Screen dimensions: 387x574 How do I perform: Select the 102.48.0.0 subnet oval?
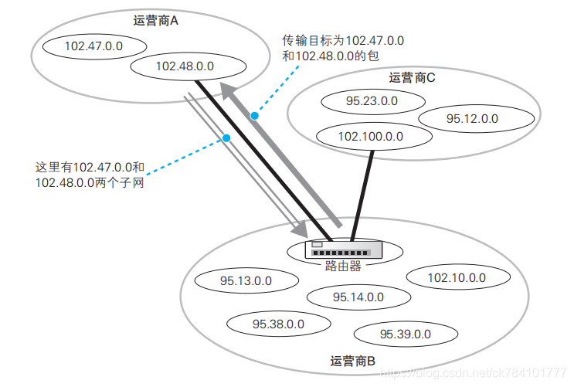[x=178, y=66]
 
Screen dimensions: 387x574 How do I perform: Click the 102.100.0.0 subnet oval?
[x=371, y=136]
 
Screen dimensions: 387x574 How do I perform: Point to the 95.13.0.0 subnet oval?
[x=246, y=281]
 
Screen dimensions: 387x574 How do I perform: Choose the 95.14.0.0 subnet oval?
[x=358, y=297]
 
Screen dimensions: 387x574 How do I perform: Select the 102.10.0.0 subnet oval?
[x=457, y=277]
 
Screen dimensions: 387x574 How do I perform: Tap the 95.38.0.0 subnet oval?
[x=278, y=325]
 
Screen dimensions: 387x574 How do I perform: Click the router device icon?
[x=345, y=249]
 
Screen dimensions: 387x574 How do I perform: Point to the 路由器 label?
[x=344, y=266]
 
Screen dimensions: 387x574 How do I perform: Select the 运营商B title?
[x=352, y=361]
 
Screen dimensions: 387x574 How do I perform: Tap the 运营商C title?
[x=413, y=77]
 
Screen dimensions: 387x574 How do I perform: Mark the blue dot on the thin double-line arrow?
[x=226, y=139]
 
